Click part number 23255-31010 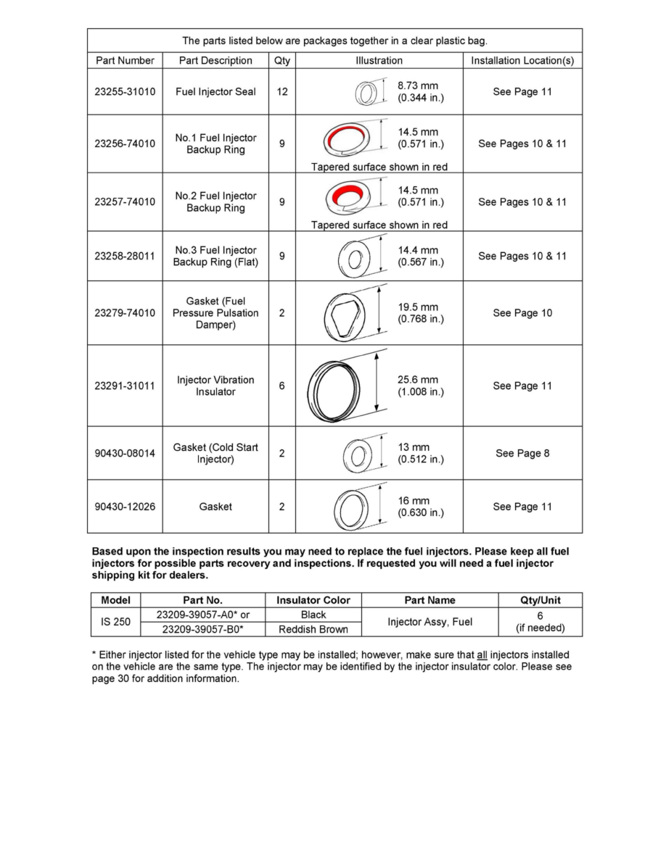pos(125,92)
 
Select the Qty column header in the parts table pos(281,61)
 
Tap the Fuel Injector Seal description pos(215,92)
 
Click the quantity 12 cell pos(281,92)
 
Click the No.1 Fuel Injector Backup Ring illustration pos(346,138)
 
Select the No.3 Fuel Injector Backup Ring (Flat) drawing pos(355,257)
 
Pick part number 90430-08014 pos(125,454)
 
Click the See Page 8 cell pos(522,454)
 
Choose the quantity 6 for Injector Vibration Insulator pos(281,386)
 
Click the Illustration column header pos(379,61)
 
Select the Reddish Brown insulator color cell pos(313,629)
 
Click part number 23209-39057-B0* pos(203,629)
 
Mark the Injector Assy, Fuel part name pos(429,622)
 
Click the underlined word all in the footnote pos(481,654)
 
